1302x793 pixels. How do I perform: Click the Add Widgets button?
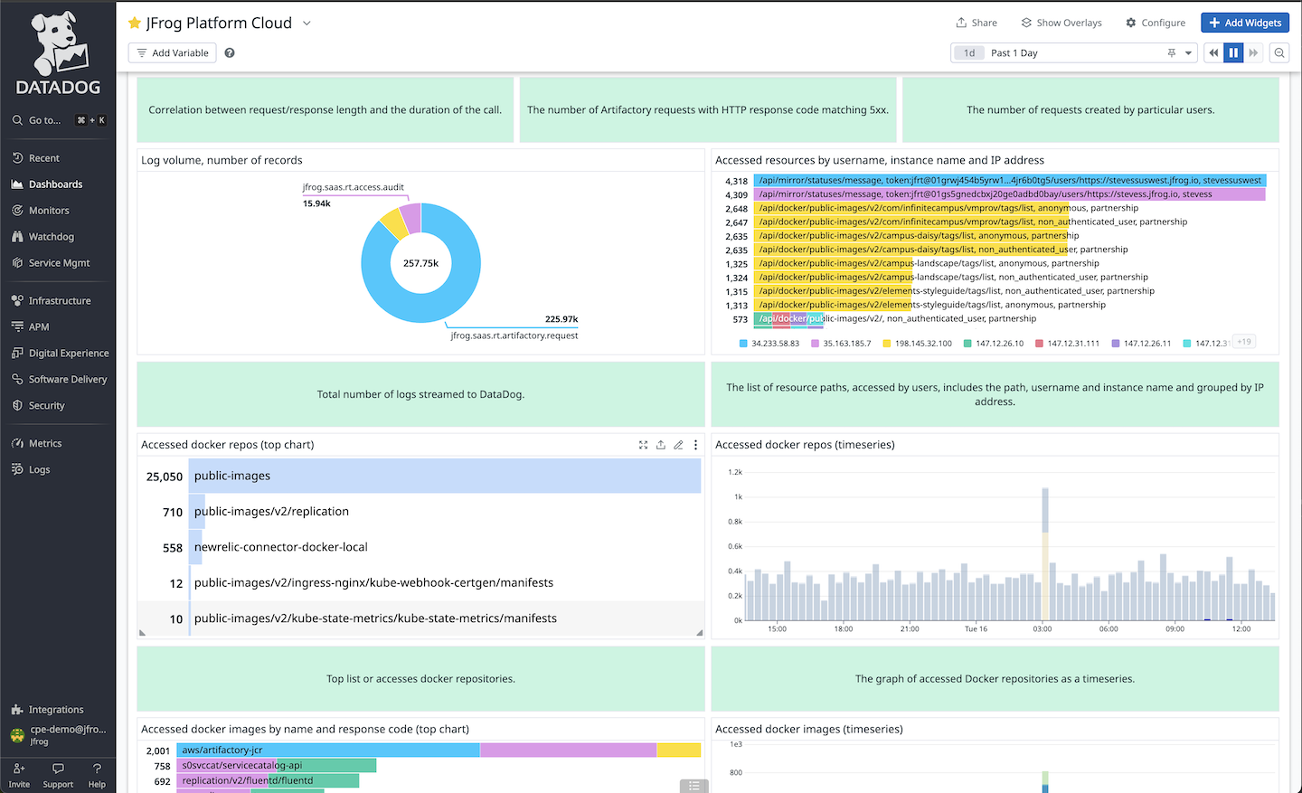[x=1245, y=23]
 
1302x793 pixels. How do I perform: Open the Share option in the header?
[x=976, y=23]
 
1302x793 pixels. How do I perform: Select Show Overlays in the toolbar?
[x=1061, y=23]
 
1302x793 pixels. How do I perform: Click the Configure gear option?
[x=1156, y=23]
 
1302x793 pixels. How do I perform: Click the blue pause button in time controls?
[x=1233, y=52]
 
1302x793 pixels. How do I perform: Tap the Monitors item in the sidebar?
[x=49, y=211]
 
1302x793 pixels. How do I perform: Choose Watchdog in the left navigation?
[x=51, y=237]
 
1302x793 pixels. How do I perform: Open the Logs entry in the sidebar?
[x=39, y=470]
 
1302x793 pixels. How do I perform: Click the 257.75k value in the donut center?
[x=420, y=263]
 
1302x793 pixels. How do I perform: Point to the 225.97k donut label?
[x=561, y=319]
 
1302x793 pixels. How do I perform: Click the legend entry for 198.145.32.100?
[x=922, y=344]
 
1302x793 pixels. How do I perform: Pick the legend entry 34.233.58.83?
[x=775, y=344]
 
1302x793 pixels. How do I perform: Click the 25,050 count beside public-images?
[x=165, y=477]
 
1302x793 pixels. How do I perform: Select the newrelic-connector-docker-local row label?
[x=280, y=547]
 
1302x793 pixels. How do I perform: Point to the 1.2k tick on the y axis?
[x=735, y=472]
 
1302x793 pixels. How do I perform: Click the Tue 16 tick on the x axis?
[x=976, y=628]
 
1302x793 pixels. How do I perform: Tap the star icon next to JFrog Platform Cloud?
[x=135, y=23]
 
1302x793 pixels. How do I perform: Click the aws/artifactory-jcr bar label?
[x=222, y=751]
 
